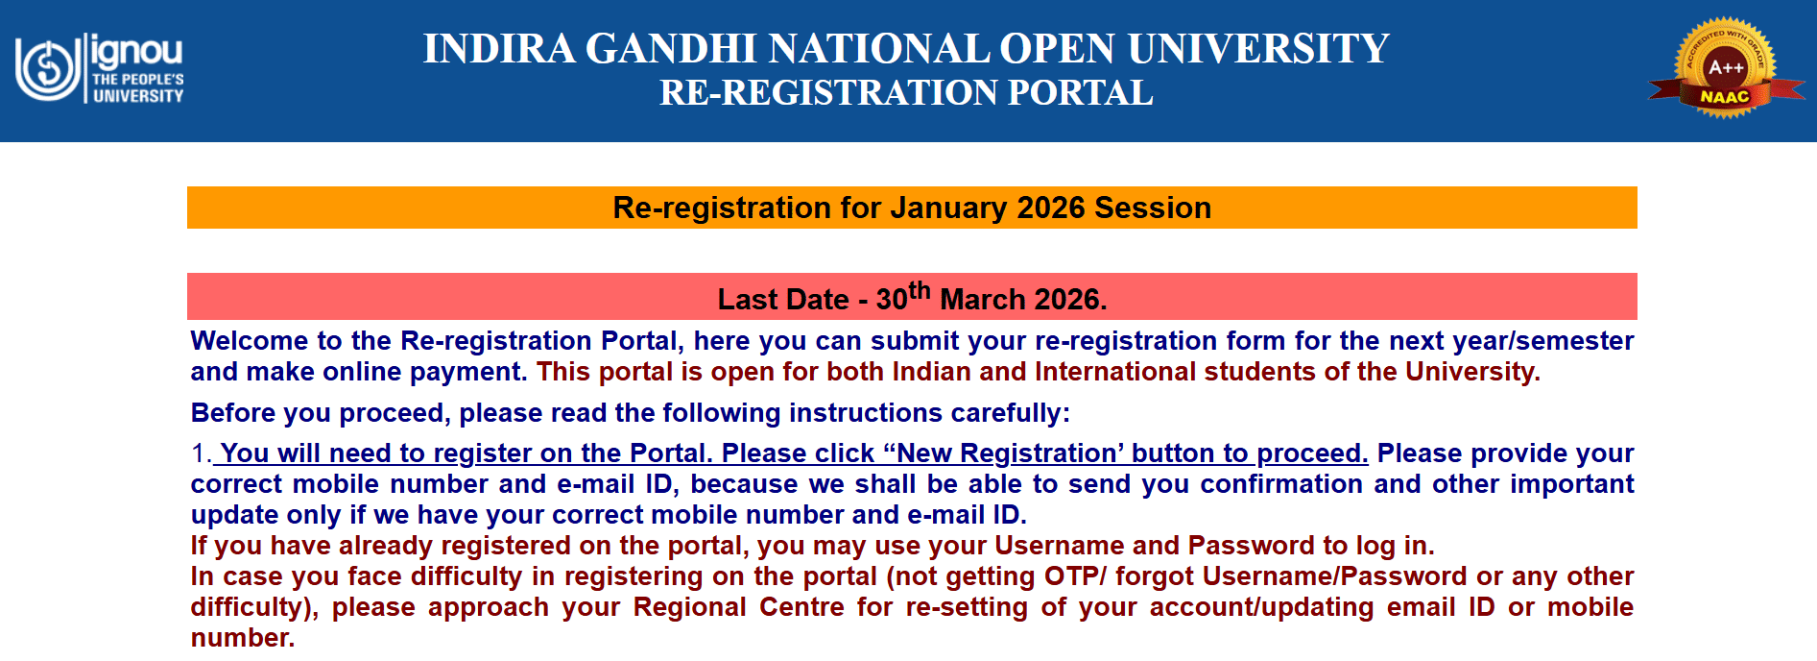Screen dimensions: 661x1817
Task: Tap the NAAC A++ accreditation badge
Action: (x=1725, y=67)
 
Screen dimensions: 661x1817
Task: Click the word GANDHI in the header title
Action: (x=672, y=49)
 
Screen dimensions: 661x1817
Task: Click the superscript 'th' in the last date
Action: (x=919, y=290)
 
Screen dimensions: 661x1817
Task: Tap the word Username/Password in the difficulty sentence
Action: (x=1334, y=576)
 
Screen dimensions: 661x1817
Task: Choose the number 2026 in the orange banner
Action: (x=1050, y=208)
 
